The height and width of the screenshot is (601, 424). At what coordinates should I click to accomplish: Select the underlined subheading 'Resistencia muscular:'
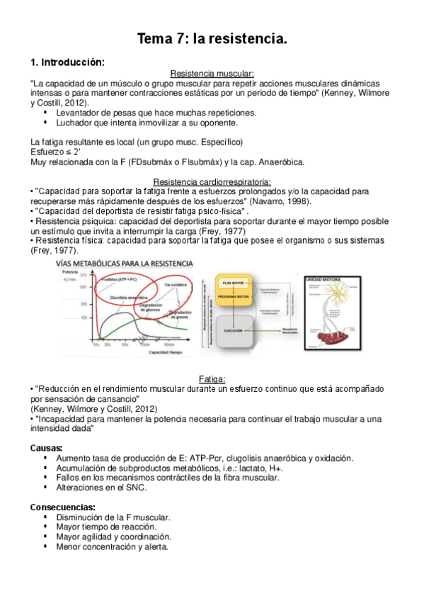coord(212,74)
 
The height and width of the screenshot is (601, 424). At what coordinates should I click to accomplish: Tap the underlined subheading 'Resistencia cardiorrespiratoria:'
coord(212,181)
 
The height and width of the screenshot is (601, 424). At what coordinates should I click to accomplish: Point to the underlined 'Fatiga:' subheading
coord(212,379)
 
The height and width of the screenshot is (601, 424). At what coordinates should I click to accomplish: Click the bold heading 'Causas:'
coord(47,448)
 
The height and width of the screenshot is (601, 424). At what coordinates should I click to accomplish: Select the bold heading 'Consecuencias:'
coord(63,507)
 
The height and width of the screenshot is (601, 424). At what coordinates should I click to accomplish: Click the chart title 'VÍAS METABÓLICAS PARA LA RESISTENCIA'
coord(125,264)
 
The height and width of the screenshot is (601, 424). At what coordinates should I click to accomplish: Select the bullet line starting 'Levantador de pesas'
coord(156,112)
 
